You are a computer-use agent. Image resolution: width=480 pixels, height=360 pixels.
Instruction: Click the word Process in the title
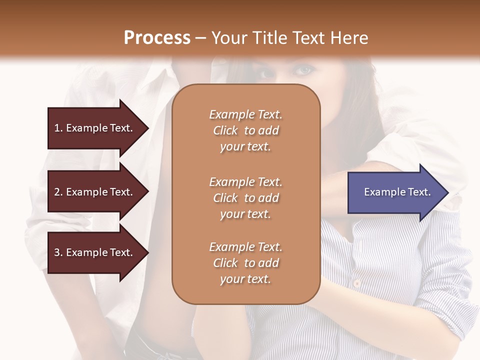pyautogui.click(x=157, y=38)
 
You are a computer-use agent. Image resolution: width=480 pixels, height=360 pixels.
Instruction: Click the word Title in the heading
pyautogui.click(x=271, y=38)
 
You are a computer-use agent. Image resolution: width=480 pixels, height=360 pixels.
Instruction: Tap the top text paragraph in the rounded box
pyautogui.click(x=245, y=130)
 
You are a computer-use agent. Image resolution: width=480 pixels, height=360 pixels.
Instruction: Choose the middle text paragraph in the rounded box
pyautogui.click(x=245, y=198)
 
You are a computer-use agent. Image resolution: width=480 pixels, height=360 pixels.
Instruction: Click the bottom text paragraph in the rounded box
pyautogui.click(x=245, y=263)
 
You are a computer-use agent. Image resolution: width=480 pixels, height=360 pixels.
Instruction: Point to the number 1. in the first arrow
pyautogui.click(x=58, y=128)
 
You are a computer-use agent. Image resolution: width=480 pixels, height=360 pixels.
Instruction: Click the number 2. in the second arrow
pyautogui.click(x=58, y=192)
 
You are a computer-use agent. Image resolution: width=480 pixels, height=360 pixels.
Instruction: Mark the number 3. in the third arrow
pyautogui.click(x=58, y=252)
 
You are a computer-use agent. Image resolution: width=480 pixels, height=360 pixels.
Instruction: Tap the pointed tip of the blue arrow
pyautogui.click(x=447, y=192)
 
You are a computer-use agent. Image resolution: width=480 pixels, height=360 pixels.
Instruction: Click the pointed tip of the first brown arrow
pyautogui.click(x=147, y=128)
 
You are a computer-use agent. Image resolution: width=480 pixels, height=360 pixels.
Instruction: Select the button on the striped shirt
pyautogui.click(x=356, y=283)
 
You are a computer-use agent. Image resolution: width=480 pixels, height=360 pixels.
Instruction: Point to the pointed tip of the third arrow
pyautogui.click(x=147, y=252)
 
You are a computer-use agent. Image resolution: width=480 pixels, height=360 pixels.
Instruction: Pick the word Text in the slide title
pyautogui.click(x=311, y=38)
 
